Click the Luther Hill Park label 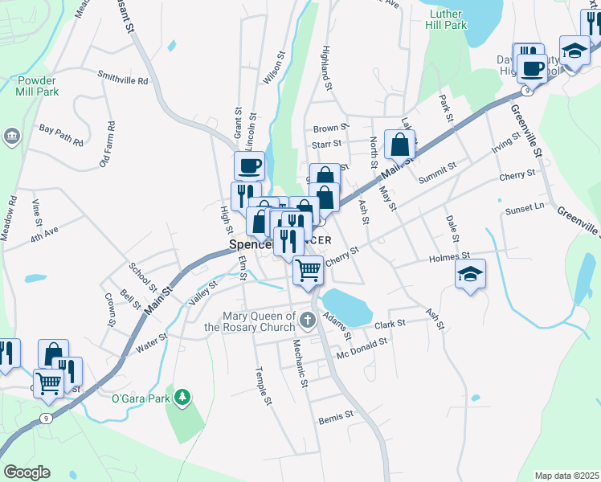tap(448, 19)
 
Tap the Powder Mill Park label tap(37, 86)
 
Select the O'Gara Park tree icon tap(183, 397)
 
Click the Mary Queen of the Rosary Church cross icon tap(306, 321)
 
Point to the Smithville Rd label tap(123, 81)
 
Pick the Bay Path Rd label tap(61, 134)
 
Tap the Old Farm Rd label tap(108, 145)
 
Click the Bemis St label tap(336, 416)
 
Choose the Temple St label tap(260, 386)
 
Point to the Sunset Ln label tap(524, 209)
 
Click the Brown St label tap(331, 128)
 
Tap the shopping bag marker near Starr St tap(399, 145)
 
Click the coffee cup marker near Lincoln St tap(249, 166)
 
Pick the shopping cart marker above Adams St tap(308, 271)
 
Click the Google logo tap(27, 472)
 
